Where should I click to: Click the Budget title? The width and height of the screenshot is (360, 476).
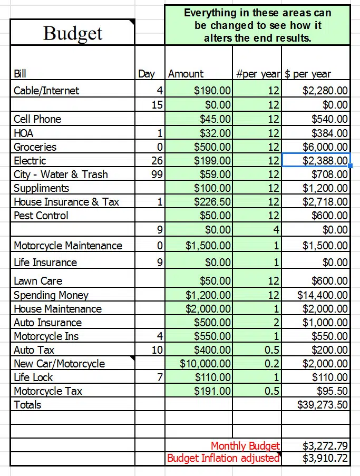(x=73, y=33)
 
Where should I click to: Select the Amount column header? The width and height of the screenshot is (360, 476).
(x=186, y=74)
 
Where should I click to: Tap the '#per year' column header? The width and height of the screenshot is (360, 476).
(x=258, y=74)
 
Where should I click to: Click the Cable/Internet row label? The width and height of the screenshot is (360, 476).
(x=46, y=90)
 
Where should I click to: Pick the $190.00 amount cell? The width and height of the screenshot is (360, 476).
(x=212, y=90)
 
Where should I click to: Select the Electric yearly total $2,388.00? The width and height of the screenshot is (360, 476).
(x=325, y=160)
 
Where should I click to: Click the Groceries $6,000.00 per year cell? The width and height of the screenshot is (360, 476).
(x=325, y=147)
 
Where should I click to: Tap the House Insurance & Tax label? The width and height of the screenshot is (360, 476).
(x=66, y=201)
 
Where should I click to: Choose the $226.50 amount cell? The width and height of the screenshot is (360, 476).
(x=212, y=201)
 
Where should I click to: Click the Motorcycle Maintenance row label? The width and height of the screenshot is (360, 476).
(x=67, y=245)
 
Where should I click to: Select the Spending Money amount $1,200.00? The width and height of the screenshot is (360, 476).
(x=208, y=295)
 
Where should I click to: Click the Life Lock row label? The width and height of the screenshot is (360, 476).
(x=33, y=377)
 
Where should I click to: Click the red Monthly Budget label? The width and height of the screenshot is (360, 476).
(x=245, y=446)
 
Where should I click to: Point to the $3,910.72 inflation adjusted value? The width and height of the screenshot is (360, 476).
(x=325, y=458)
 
